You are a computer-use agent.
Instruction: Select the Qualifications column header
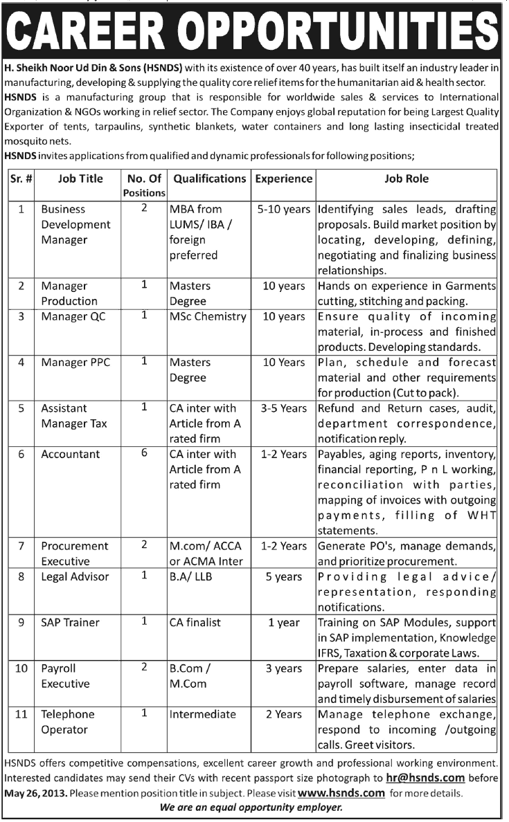coord(209,179)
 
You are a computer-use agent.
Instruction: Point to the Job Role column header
coord(407,179)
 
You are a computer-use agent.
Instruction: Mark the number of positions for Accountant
coord(144,454)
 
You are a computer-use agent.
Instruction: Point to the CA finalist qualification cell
coord(198,622)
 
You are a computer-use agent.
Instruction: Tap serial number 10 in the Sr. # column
coord(21,669)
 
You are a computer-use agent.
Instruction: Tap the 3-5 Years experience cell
coord(284,408)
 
